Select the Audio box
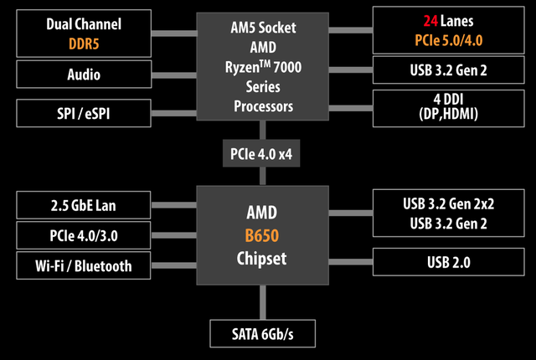[x=84, y=75]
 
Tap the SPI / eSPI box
[x=84, y=111]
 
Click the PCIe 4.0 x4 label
[x=261, y=155]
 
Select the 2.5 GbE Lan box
[x=84, y=203]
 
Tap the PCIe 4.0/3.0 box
[x=84, y=234]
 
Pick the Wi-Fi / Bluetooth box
[x=84, y=265]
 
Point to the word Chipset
[x=261, y=259]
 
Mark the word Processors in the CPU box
[x=261, y=108]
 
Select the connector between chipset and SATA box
[x=261, y=301]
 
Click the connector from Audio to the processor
[x=173, y=75]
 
